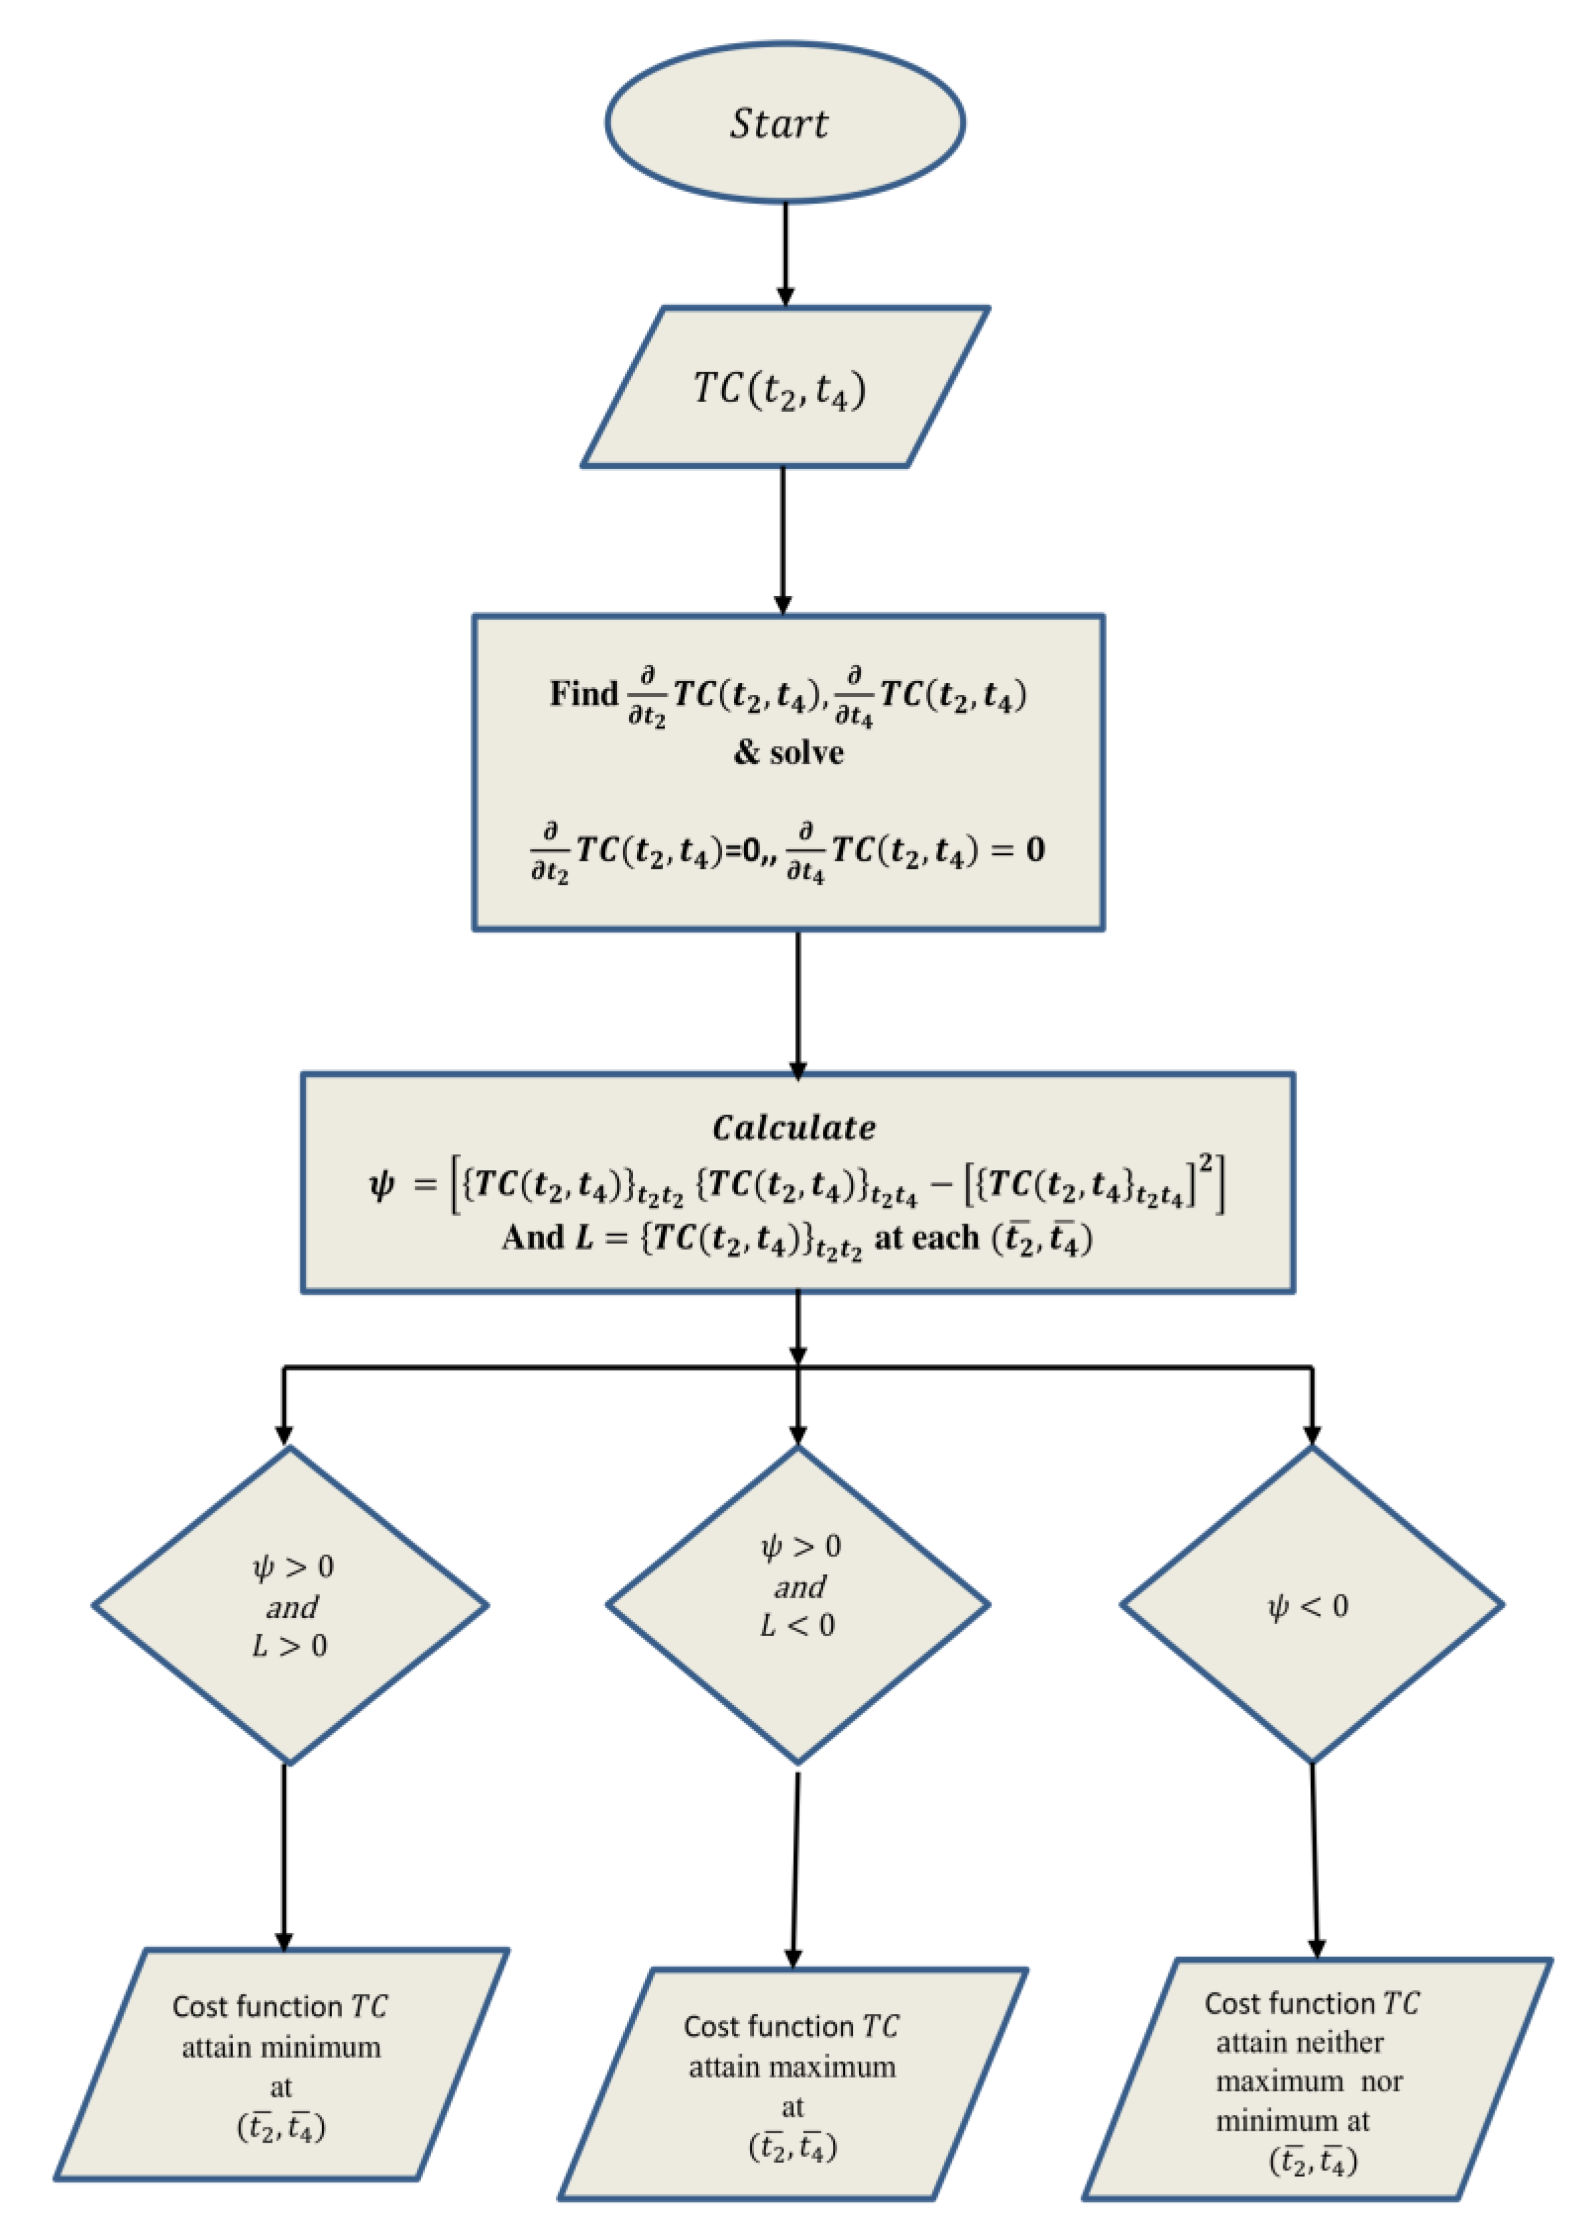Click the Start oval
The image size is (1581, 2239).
[784, 123]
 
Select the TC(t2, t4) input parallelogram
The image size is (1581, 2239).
[784, 388]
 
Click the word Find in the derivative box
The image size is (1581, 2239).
[584, 694]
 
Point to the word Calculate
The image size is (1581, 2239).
[794, 1128]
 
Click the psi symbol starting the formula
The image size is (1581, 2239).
[382, 1185]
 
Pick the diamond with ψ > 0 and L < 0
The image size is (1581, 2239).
[798, 1605]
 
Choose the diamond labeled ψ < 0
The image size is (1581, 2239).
[1311, 1605]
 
